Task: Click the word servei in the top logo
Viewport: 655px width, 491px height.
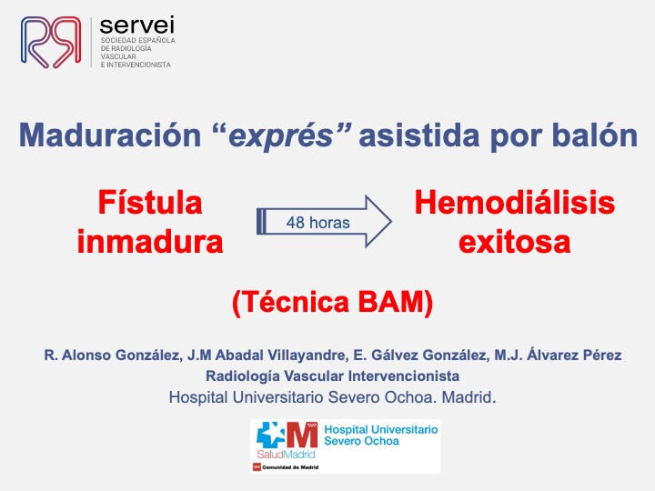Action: (137, 25)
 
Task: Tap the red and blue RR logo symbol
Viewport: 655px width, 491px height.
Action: (51, 42)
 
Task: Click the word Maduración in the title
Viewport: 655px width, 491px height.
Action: (110, 135)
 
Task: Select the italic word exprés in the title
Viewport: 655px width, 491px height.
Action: (281, 137)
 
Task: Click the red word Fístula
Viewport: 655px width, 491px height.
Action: (150, 203)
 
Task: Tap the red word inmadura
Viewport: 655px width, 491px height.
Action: (150, 242)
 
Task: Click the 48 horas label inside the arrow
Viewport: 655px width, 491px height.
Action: (317, 223)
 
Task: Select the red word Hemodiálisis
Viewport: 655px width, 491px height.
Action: (514, 203)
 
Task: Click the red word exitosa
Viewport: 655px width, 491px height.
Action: (514, 242)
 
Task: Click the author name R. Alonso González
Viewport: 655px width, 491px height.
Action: (113, 356)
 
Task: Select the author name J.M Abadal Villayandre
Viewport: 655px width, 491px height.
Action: (267, 356)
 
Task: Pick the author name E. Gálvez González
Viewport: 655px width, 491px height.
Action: (420, 356)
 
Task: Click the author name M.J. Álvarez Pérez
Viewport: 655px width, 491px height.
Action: (558, 356)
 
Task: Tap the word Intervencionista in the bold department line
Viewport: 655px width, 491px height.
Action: (404, 376)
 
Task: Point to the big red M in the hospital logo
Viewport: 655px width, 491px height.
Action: (302, 435)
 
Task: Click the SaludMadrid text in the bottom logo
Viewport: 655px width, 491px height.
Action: (286, 455)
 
